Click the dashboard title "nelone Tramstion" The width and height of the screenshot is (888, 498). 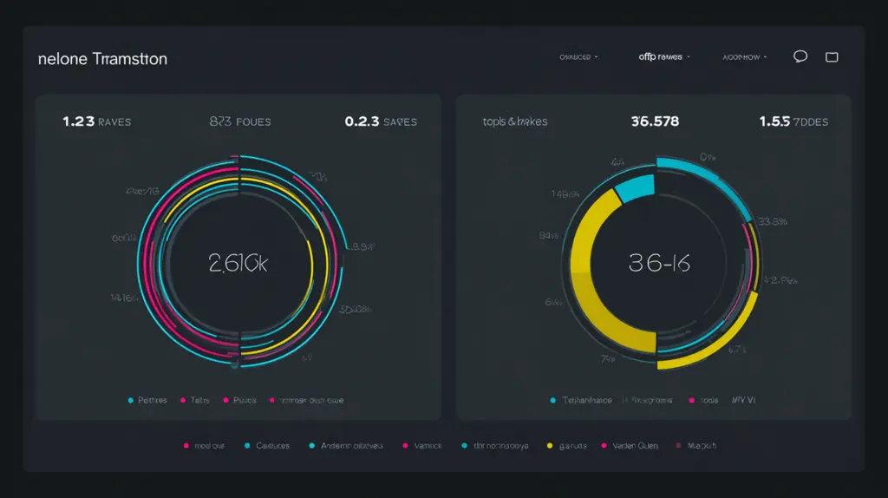(x=102, y=59)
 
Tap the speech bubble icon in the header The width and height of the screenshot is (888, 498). (x=800, y=56)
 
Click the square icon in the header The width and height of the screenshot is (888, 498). (x=832, y=57)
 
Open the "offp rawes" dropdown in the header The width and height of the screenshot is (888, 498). (x=663, y=57)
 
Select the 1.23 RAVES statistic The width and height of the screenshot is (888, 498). (x=96, y=121)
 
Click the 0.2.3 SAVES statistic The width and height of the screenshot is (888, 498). (x=381, y=121)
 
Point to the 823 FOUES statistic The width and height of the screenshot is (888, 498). (x=240, y=121)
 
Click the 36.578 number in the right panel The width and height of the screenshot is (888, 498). (x=656, y=121)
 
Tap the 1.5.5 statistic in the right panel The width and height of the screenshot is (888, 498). (x=793, y=121)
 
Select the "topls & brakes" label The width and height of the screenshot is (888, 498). (x=515, y=121)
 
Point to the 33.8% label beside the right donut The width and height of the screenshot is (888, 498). (x=771, y=222)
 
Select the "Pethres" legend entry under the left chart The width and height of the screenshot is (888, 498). (x=148, y=401)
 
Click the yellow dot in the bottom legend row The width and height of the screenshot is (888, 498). (x=550, y=445)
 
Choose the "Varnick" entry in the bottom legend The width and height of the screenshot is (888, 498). (x=422, y=445)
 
